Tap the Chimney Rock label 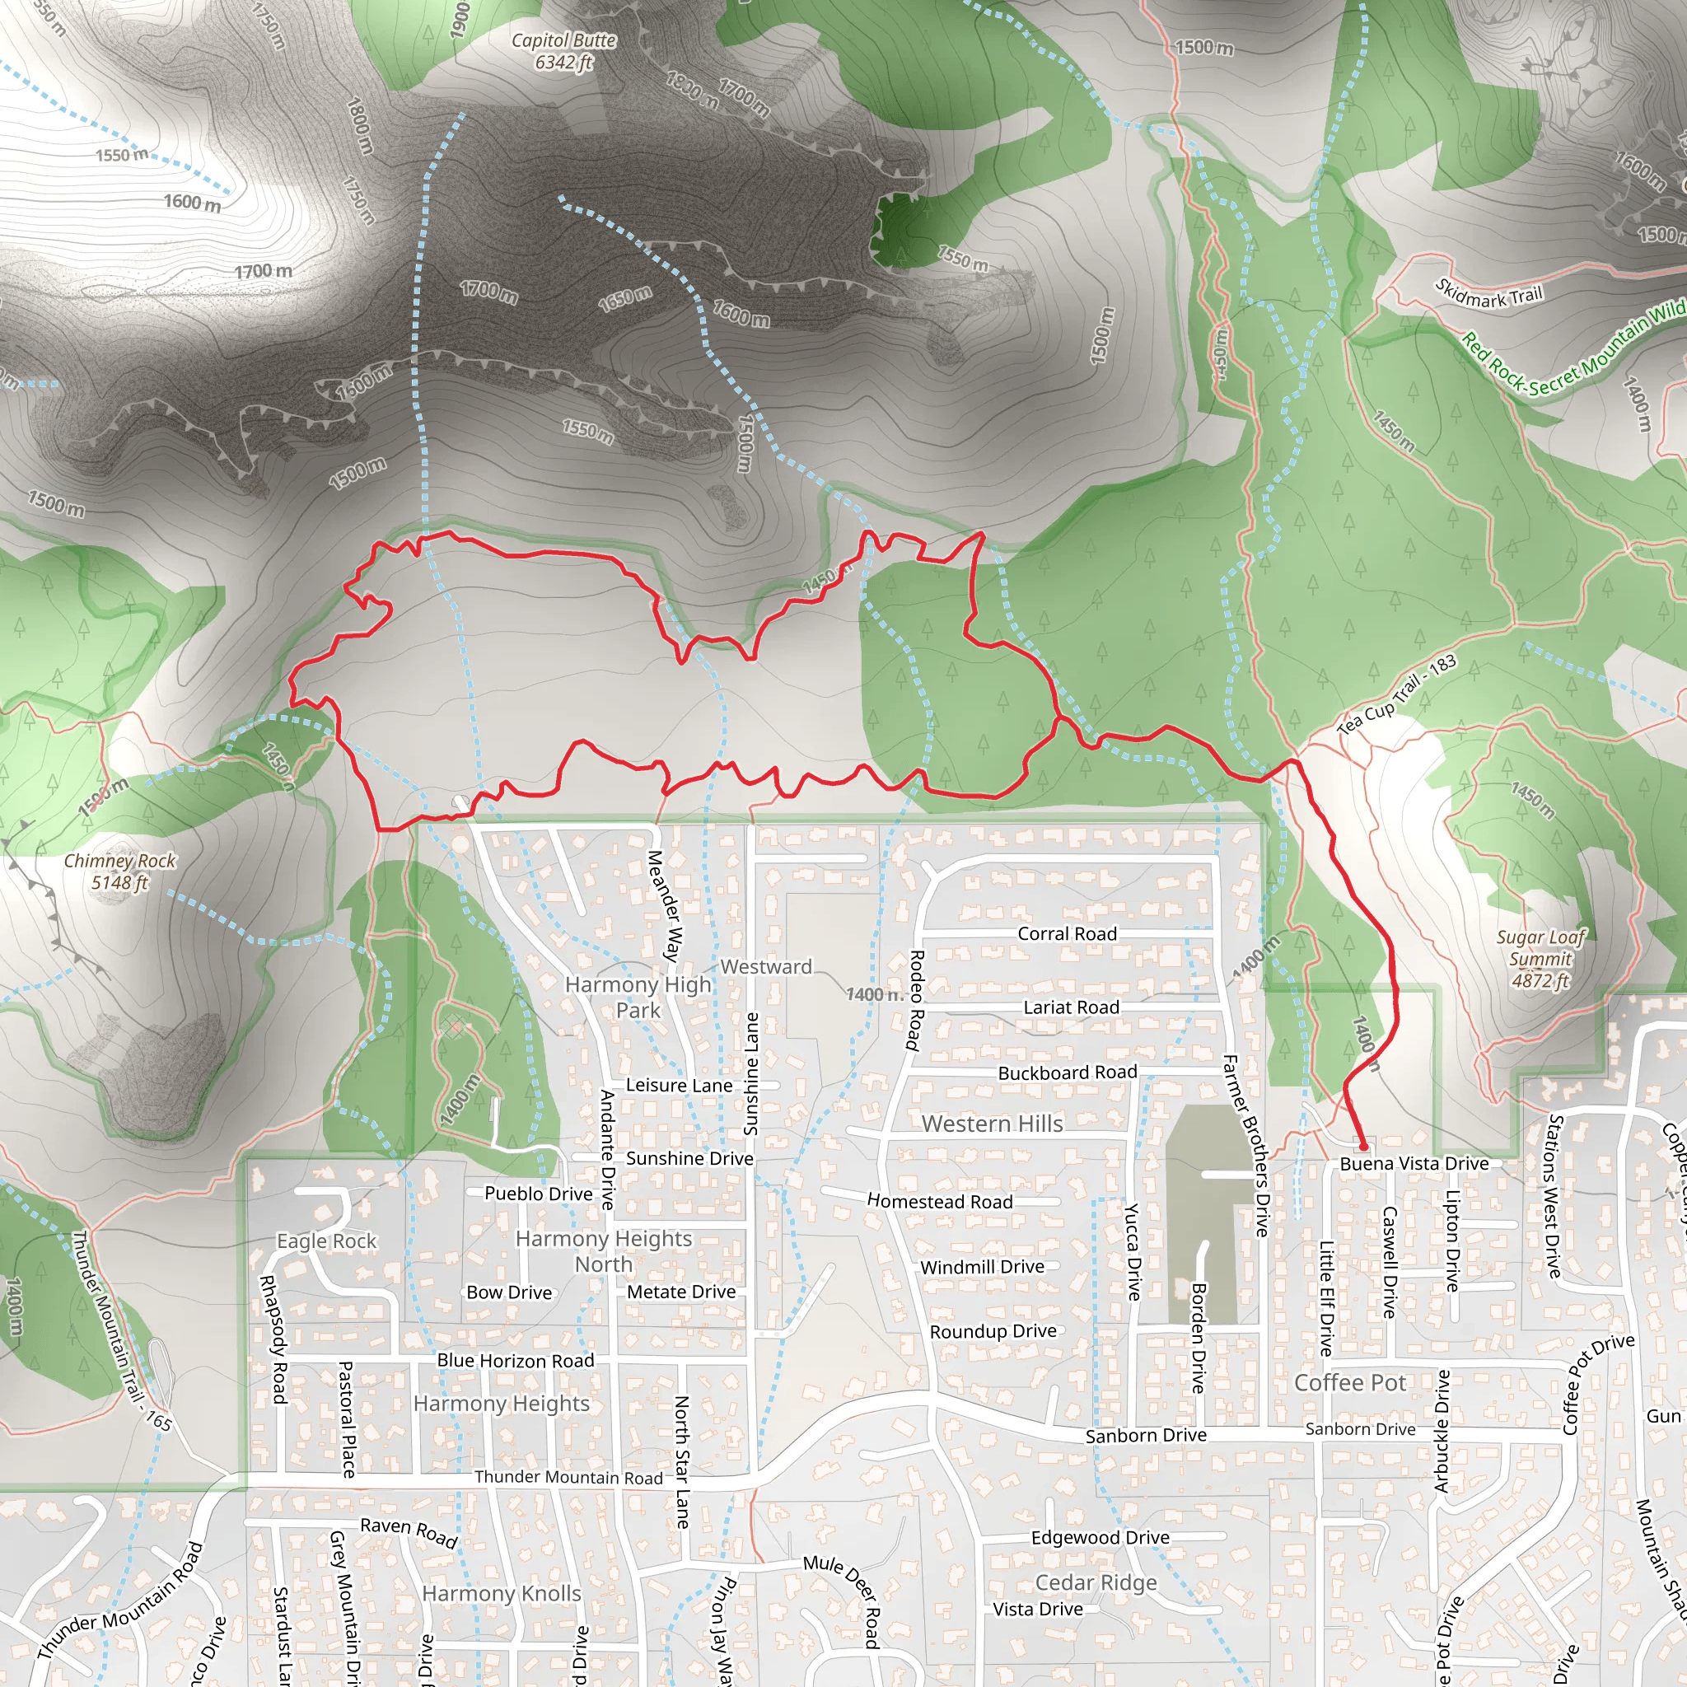(119, 872)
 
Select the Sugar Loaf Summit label (1540, 958)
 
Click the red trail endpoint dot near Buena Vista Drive (1363, 1147)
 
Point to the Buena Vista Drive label (1414, 1164)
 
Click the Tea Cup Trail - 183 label (1396, 694)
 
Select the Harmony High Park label (638, 998)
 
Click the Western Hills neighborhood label (992, 1124)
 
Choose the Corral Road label (1067, 933)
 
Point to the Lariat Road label (1071, 1007)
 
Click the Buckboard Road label (1067, 1072)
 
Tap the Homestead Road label (940, 1202)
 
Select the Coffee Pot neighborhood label (1350, 1383)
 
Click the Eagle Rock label (326, 1241)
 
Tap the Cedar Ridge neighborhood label (1096, 1582)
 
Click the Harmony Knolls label (501, 1594)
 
